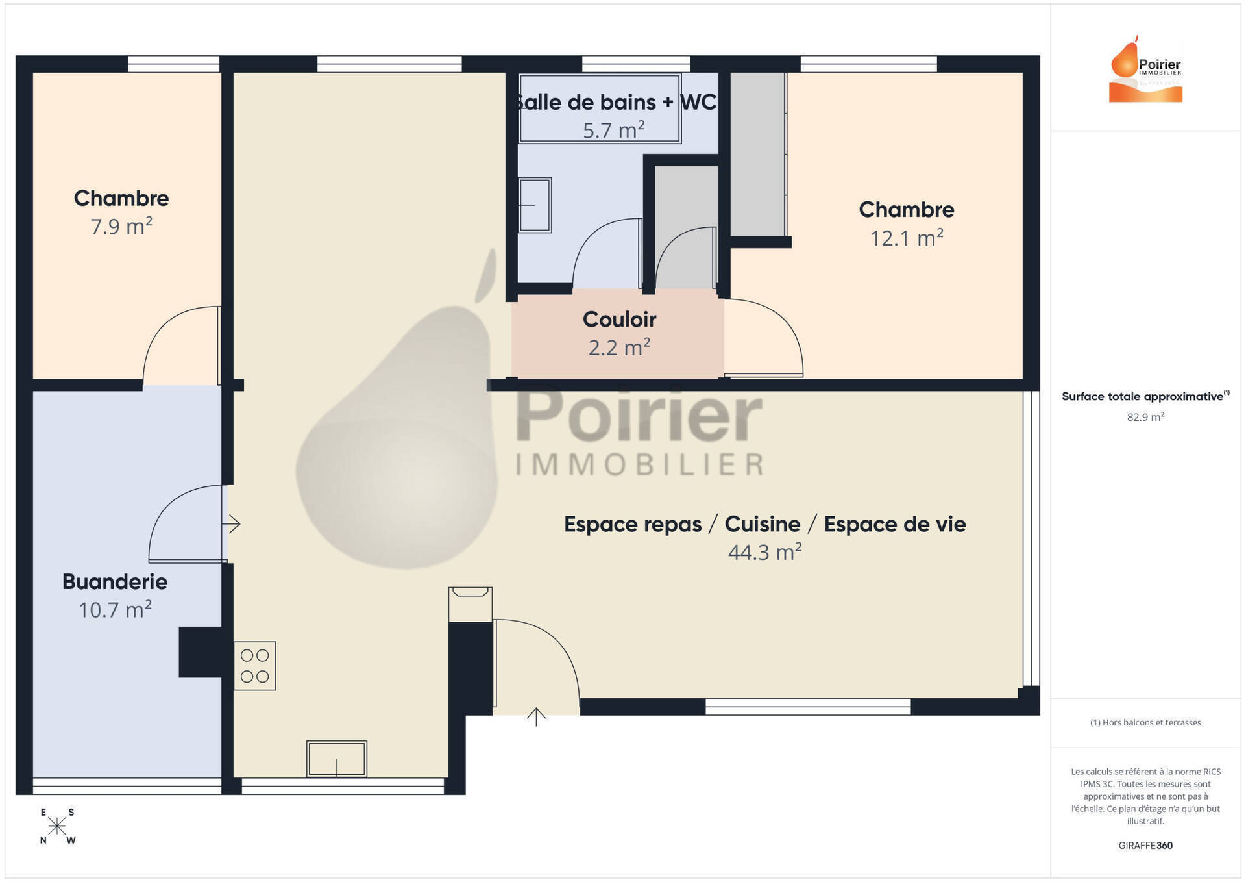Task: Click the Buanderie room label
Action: tap(115, 581)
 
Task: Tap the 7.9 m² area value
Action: tap(121, 226)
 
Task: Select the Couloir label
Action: tap(619, 319)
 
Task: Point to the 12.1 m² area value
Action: tap(907, 238)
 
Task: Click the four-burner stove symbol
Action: tap(254, 666)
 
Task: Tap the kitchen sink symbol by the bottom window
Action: tap(337, 759)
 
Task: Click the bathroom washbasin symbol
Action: tap(535, 205)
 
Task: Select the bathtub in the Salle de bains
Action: tap(600, 108)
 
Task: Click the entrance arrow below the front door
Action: tap(536, 716)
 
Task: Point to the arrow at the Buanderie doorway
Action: tap(231, 523)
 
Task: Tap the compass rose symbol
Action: tap(57, 826)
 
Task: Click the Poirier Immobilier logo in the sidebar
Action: tap(1145, 69)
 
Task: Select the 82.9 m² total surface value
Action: tap(1145, 417)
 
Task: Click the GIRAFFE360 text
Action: tap(1145, 845)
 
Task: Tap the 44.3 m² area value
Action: tap(765, 551)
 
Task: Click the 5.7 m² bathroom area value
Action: tap(613, 130)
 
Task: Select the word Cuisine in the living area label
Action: tap(763, 523)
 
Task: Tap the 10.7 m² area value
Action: tap(115, 609)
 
